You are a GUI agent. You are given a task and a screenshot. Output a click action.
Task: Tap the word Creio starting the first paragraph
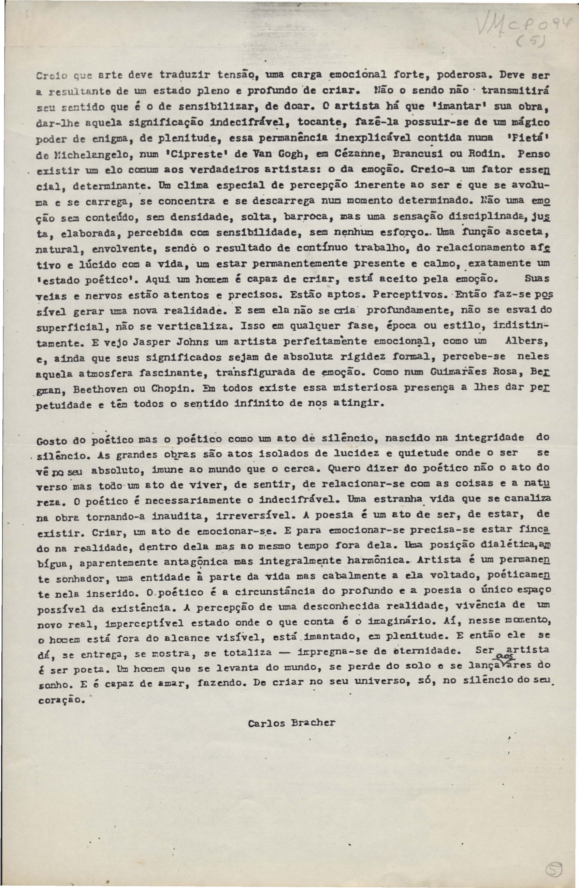[53, 75]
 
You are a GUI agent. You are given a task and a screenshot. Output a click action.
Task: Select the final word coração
[59, 700]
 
